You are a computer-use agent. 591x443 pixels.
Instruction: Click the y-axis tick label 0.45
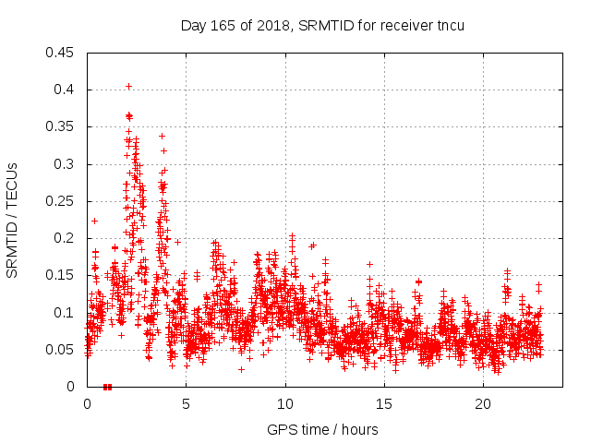click(61, 53)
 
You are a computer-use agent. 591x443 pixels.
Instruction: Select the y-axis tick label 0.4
click(65, 90)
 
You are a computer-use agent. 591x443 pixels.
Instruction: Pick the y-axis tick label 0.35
click(61, 126)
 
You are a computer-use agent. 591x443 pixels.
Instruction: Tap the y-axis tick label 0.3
click(65, 164)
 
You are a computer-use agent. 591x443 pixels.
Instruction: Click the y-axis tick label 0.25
click(61, 201)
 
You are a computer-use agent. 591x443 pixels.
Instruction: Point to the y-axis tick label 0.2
click(65, 238)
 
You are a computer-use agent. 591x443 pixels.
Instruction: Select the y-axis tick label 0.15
click(61, 275)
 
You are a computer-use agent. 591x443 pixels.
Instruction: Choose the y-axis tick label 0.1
click(65, 312)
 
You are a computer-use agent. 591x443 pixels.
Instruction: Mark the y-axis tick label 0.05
click(61, 350)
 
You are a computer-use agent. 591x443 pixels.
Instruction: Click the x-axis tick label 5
click(186, 404)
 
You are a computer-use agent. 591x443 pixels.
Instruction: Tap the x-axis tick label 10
click(285, 404)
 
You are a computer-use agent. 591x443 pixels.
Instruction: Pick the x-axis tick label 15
click(384, 404)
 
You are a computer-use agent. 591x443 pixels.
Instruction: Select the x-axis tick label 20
click(483, 404)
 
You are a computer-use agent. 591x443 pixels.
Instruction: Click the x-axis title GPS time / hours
click(322, 429)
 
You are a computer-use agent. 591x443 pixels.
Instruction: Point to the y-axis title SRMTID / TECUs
click(13, 220)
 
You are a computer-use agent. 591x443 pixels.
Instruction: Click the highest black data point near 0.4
click(128, 86)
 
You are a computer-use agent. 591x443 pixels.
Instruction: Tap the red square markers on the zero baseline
click(107, 387)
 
